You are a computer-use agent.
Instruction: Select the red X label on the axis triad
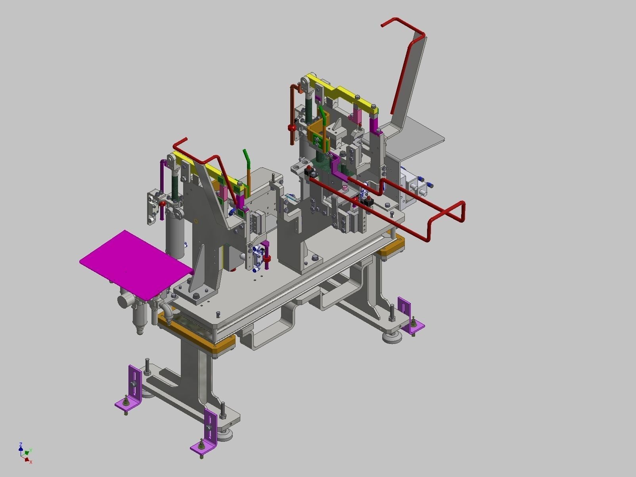point(31,462)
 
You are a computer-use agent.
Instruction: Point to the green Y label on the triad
point(31,450)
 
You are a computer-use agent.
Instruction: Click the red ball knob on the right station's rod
point(292,128)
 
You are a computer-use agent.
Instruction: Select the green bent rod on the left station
point(247,162)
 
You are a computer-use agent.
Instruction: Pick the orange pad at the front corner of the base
point(222,345)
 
